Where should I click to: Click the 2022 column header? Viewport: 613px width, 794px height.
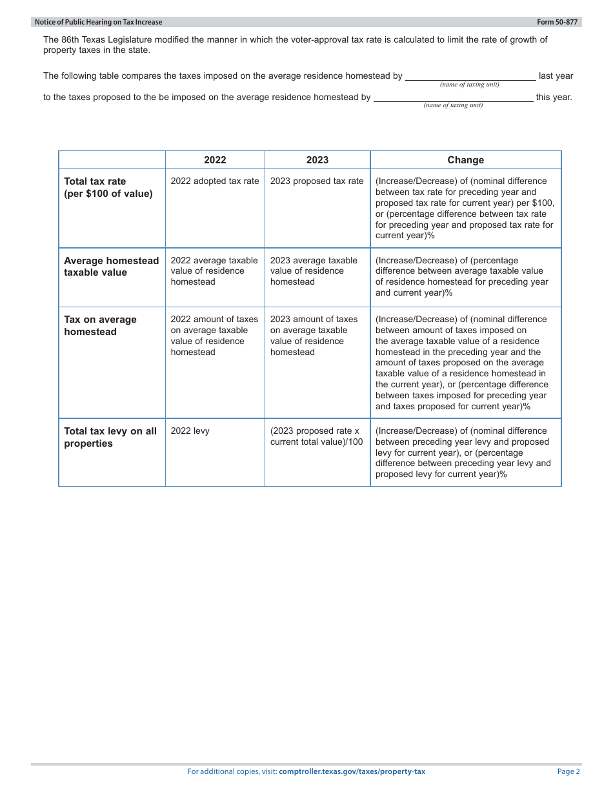coord(215,160)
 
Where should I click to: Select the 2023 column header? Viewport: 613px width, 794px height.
coord(317,160)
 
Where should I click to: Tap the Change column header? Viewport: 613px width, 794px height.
coord(465,160)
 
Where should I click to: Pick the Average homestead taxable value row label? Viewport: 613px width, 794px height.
coord(111,267)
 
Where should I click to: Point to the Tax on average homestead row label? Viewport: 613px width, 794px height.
coord(100,325)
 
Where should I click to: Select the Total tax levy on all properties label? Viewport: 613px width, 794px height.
coord(110,437)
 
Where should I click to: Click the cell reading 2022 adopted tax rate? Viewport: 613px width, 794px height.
coord(215,181)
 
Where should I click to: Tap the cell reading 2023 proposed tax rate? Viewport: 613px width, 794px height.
coord(317,181)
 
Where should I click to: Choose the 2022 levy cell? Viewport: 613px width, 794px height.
coord(190,431)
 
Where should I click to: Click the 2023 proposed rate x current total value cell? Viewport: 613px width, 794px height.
coord(316,436)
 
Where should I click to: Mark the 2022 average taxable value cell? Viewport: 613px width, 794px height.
coord(214,271)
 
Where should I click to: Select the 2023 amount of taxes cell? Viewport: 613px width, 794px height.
coord(314,336)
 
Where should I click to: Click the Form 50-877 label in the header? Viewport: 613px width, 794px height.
coord(557,22)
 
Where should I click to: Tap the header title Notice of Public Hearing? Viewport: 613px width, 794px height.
coord(99,22)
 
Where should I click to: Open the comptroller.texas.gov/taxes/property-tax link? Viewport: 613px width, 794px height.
coord(352,771)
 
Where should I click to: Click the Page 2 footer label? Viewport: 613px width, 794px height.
coord(568,771)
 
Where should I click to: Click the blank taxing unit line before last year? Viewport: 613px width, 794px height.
coord(470,76)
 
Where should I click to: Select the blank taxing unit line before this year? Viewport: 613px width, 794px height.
coord(453,97)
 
